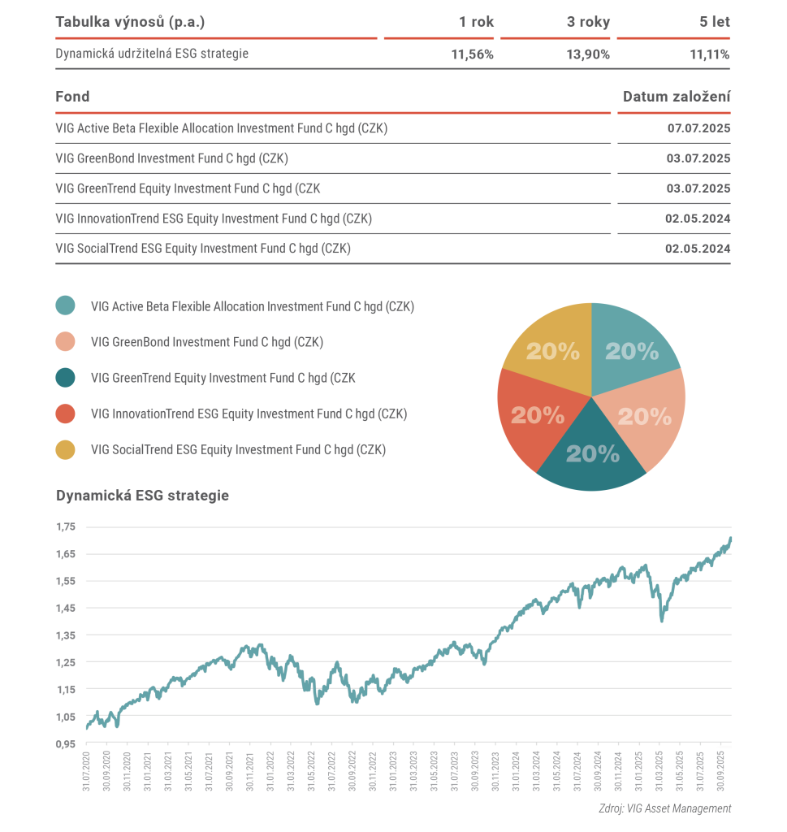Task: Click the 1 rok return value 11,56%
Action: point(472,54)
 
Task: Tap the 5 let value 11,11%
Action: point(707,54)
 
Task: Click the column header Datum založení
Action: point(676,97)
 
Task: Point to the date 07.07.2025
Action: point(698,128)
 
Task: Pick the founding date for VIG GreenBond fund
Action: point(698,158)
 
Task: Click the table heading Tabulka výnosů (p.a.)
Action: point(131,22)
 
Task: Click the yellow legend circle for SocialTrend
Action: point(65,449)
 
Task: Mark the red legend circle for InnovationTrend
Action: point(65,414)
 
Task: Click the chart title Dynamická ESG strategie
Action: point(142,495)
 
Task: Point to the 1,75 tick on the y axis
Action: point(65,526)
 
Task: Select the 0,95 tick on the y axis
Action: point(65,743)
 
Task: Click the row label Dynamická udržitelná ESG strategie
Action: point(152,54)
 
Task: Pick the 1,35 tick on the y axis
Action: point(65,635)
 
